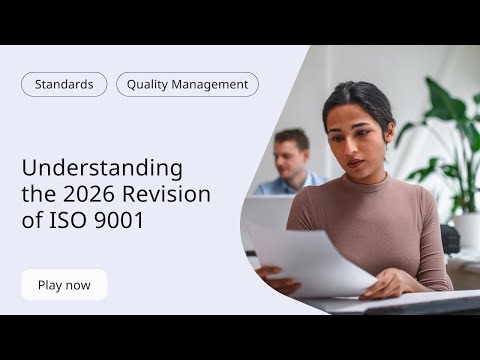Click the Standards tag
[x=64, y=85]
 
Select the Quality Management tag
[x=187, y=85]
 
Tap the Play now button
[x=64, y=285]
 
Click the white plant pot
[x=466, y=230]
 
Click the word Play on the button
[x=50, y=285]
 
